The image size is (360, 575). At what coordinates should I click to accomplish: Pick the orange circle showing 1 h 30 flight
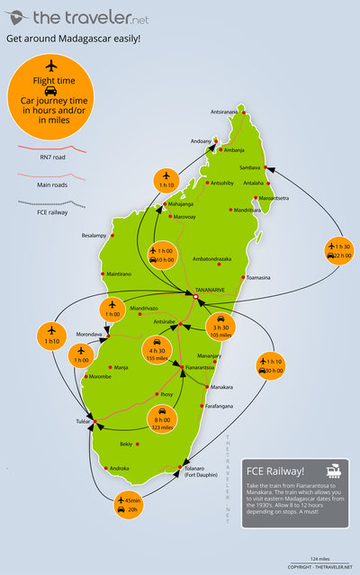pos(338,250)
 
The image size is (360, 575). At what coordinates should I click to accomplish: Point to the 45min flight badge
pos(133,505)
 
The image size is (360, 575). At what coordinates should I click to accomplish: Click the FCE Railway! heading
pos(278,471)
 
